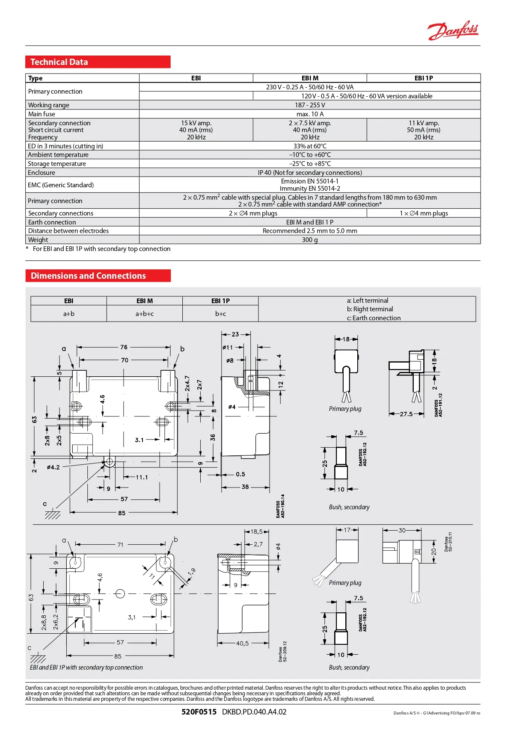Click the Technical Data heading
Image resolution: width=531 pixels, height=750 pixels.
(x=59, y=62)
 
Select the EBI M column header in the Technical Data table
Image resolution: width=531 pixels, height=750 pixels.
(x=310, y=78)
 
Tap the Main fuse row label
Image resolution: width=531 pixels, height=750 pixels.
(x=42, y=114)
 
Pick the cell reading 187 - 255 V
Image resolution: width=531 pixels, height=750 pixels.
(x=310, y=105)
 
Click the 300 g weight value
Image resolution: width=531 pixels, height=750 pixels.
(x=310, y=240)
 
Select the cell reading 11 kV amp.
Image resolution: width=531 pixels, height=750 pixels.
(x=424, y=123)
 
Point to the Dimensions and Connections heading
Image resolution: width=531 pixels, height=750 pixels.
(x=88, y=276)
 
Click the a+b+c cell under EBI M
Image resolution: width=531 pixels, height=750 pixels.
(x=145, y=314)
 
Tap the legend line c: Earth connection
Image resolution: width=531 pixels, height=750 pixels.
(x=374, y=318)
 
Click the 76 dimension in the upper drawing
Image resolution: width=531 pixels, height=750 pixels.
(x=124, y=347)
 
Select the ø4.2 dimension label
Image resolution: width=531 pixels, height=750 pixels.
(x=53, y=467)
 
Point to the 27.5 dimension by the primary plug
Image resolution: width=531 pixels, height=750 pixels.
(x=406, y=414)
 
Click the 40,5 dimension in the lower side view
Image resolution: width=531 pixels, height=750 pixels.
(x=242, y=643)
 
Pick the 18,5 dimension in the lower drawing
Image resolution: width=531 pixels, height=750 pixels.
(x=256, y=531)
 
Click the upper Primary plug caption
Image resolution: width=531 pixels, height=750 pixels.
(x=345, y=409)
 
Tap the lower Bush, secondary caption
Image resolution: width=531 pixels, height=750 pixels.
(x=349, y=667)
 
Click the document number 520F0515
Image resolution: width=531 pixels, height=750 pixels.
(x=199, y=712)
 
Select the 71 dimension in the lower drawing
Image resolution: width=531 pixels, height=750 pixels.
(x=120, y=545)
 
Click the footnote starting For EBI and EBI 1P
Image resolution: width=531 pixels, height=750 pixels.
(x=101, y=249)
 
